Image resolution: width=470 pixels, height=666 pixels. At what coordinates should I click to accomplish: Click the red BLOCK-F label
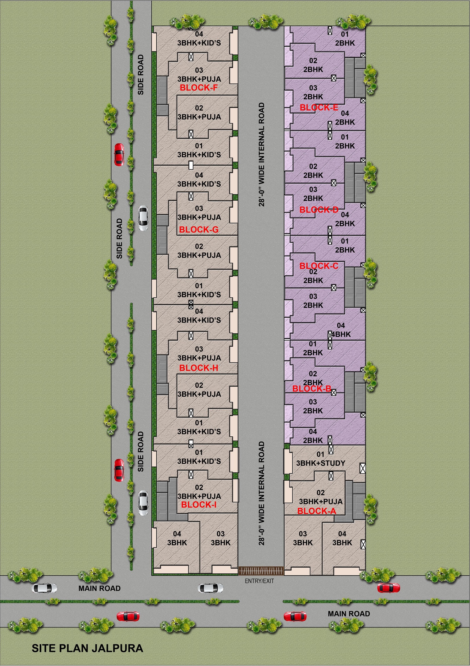pos(199,88)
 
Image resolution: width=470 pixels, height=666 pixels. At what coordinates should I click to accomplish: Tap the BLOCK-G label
pos(199,229)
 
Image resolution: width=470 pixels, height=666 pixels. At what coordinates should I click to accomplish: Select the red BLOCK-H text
pos(199,368)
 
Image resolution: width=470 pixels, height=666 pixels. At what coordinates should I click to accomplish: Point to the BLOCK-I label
pos(199,505)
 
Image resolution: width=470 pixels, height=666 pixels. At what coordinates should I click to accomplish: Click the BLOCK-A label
pos(317,511)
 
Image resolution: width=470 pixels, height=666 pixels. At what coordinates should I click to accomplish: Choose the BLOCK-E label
pos(319,108)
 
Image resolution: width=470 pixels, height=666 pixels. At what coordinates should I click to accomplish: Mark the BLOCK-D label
pos(319,210)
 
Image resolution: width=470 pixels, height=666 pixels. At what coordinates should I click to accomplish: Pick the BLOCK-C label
pos(319,266)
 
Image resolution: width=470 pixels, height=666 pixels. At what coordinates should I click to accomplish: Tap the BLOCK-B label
pos(312,389)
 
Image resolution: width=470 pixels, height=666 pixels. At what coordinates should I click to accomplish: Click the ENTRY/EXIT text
pos(259,581)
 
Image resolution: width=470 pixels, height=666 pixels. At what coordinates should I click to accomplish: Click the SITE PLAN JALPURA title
pos(87,648)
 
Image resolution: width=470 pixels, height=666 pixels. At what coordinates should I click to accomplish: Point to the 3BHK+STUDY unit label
pos(320,463)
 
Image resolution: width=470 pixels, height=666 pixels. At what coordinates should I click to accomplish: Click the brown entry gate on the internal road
pos(261,571)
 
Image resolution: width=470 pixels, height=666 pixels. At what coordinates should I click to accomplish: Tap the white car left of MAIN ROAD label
pos(44,588)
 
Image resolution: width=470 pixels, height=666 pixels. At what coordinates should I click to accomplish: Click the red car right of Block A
pos(388,588)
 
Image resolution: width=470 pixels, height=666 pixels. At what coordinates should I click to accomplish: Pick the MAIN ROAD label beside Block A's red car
pos(349,614)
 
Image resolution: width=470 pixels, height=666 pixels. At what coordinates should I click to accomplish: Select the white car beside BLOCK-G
pos(143,218)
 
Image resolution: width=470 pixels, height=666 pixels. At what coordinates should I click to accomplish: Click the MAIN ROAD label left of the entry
pos(100,588)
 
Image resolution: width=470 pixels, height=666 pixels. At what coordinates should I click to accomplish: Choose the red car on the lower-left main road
pos(128,616)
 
